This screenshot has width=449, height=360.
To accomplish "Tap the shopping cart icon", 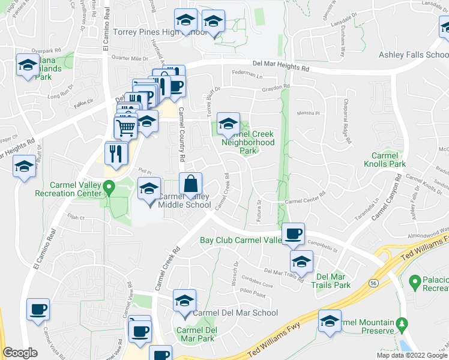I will [x=125, y=127].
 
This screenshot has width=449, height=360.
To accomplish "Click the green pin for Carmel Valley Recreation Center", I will [x=108, y=188].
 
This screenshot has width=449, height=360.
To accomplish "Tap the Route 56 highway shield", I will [x=372, y=282].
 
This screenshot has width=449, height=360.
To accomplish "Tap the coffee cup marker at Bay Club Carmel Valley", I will [x=293, y=234].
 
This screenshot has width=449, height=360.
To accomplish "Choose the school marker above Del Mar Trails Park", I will [x=301, y=261].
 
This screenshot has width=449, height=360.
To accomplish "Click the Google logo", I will [x=20, y=353].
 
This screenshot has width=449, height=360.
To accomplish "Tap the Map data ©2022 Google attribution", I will [x=411, y=355].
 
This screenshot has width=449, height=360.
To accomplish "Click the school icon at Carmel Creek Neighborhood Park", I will [x=228, y=124].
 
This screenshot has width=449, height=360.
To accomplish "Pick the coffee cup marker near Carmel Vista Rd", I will [x=38, y=310].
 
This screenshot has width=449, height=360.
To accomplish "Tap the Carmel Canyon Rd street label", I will [x=387, y=198].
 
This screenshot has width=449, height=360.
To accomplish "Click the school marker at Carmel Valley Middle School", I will [x=149, y=189].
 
